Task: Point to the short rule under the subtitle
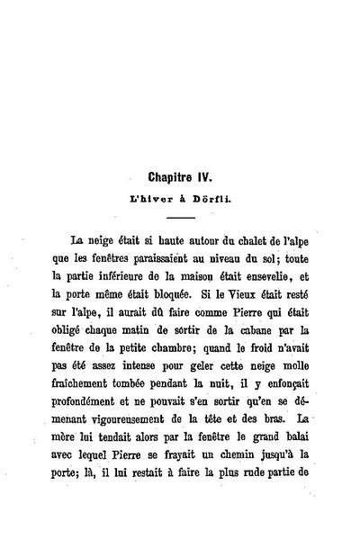coord(180,217)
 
